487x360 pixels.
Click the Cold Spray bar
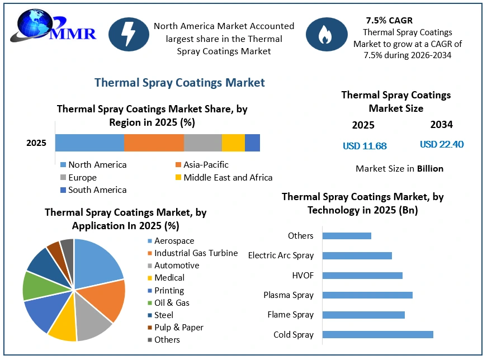377,334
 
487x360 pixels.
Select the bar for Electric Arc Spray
357,255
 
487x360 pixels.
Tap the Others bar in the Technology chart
347,236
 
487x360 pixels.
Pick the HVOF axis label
303,276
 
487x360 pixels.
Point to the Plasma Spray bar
367,295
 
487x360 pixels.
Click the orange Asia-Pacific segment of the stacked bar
154,143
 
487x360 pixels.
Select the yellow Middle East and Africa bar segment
233,143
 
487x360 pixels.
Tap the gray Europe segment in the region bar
203,143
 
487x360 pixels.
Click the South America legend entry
93,190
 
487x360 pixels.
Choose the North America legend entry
93,164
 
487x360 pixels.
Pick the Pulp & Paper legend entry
176,328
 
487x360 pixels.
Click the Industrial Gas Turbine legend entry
192,253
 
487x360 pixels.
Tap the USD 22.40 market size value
442,144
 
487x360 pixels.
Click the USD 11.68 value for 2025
365,146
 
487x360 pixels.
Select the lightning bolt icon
129,34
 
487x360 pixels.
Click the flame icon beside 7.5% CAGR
327,34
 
